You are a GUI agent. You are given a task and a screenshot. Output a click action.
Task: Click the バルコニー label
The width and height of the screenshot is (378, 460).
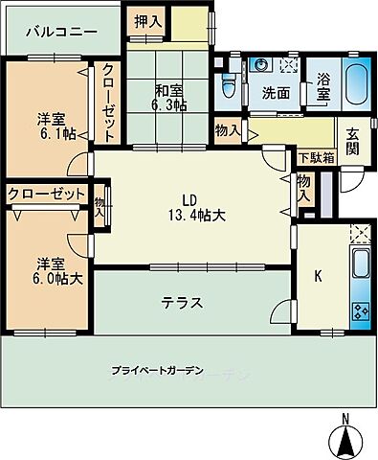tap(60, 32)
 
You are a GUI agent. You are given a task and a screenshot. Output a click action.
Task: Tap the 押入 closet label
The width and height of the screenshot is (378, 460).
tap(147, 20)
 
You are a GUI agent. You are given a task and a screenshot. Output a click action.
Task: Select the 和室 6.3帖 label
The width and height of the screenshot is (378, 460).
tap(170, 99)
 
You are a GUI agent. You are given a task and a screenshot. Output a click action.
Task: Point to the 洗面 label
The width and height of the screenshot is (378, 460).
tap(277, 94)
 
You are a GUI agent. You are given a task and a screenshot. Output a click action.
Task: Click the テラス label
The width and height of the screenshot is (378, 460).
tap(182, 302)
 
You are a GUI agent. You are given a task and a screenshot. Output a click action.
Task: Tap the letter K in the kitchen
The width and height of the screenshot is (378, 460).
tap(319, 278)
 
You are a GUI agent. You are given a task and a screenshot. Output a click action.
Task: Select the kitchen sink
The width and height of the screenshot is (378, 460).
tap(361, 265)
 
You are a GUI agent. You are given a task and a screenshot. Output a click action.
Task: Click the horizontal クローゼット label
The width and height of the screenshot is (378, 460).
tap(45, 195)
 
